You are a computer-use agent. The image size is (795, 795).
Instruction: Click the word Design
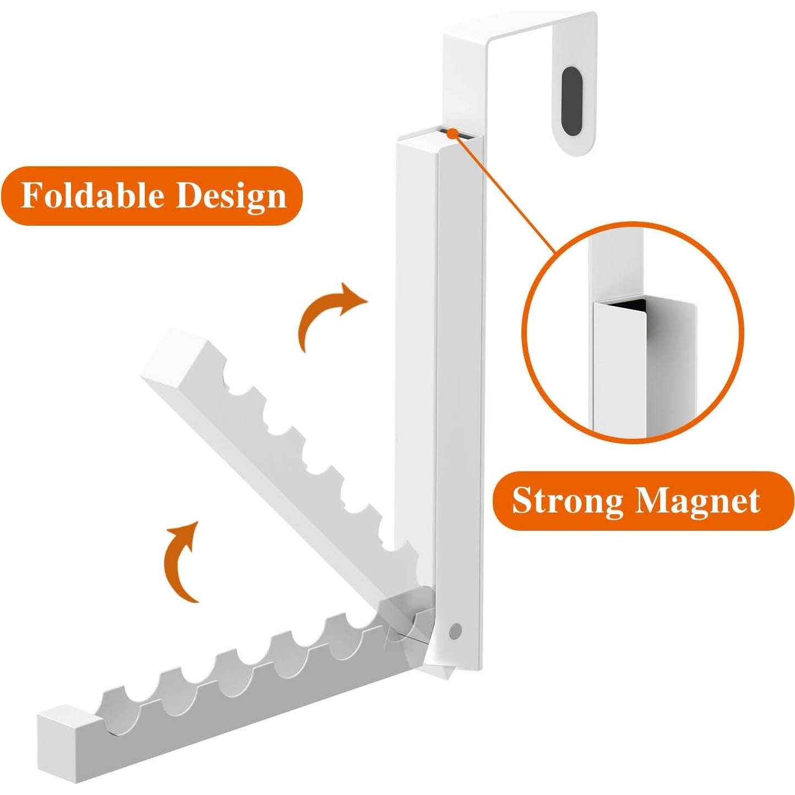pos(231,197)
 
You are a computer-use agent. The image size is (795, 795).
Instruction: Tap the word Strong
pos(567,500)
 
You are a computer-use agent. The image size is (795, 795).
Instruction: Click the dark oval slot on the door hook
pos(573,90)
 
